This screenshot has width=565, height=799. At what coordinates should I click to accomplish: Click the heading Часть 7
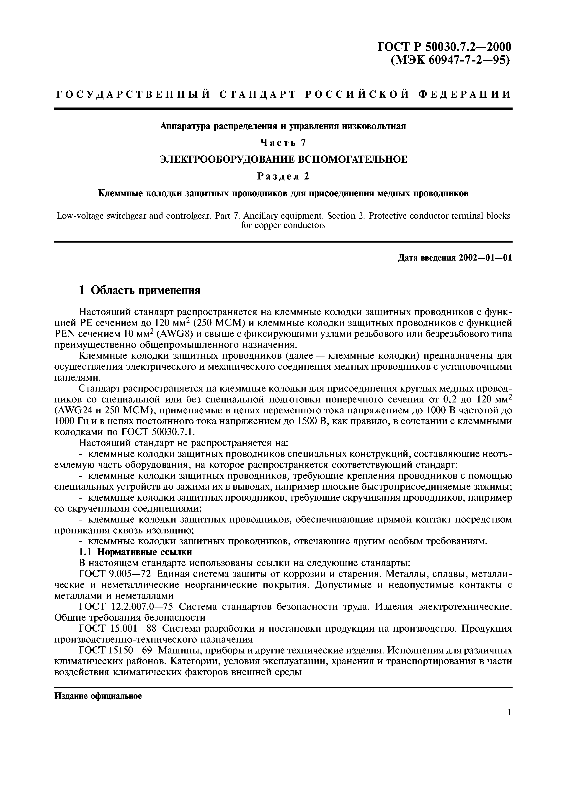pyautogui.click(x=283, y=142)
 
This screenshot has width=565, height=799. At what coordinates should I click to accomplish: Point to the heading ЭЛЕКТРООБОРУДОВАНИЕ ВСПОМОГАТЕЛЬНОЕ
pyautogui.click(x=283, y=159)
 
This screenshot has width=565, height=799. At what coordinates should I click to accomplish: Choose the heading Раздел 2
pyautogui.click(x=283, y=177)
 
